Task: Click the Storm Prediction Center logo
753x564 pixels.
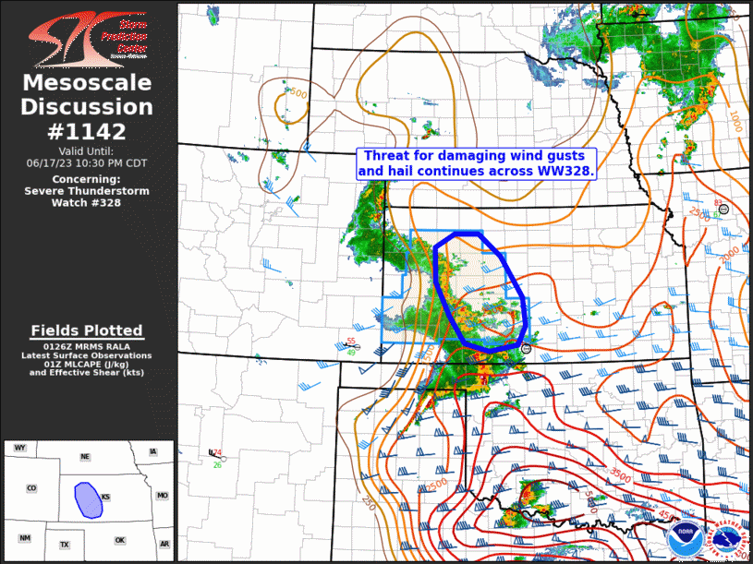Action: tap(88, 38)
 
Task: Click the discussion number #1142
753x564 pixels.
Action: tap(88, 130)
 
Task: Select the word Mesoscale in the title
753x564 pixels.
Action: tap(88, 84)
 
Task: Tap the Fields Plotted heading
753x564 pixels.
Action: tap(87, 330)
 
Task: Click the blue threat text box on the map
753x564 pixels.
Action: tap(477, 163)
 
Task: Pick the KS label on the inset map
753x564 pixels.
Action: tap(106, 497)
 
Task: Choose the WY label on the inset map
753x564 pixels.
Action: tap(20, 448)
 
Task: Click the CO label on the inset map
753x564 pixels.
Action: tap(31, 488)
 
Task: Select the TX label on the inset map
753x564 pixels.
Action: tap(65, 545)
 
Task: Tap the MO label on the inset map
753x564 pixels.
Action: tap(162, 496)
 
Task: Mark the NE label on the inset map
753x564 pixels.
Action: tap(85, 456)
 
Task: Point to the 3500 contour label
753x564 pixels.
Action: tap(621, 473)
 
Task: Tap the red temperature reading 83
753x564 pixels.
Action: tap(718, 202)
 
